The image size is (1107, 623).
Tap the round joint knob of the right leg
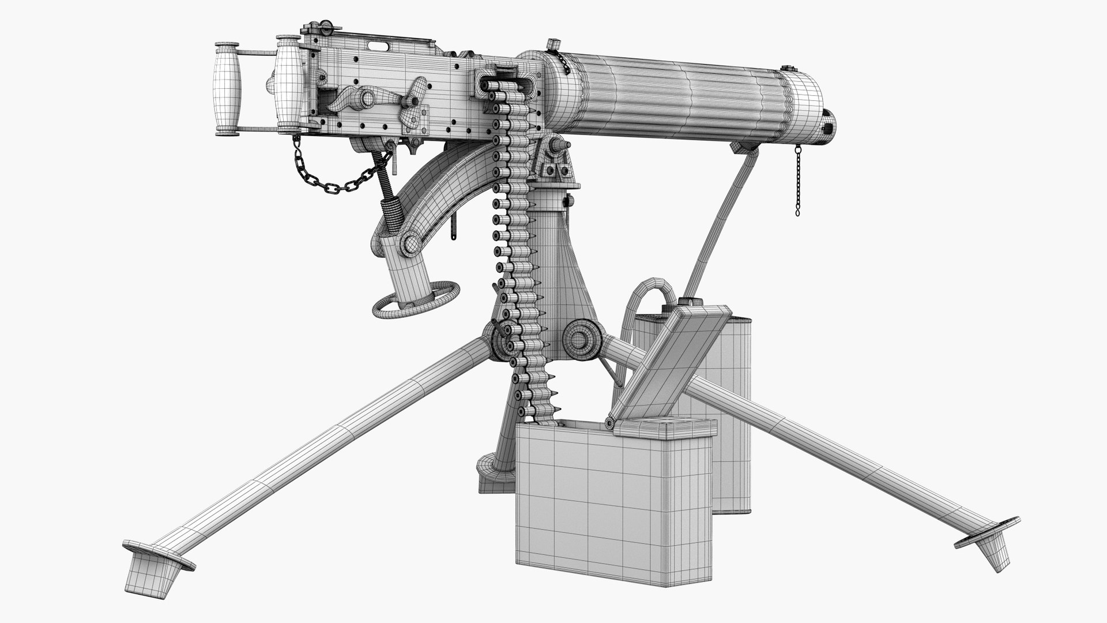[x=579, y=337]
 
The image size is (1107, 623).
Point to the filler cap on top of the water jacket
[x=554, y=44]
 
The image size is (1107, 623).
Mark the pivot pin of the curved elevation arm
[x=412, y=243]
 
